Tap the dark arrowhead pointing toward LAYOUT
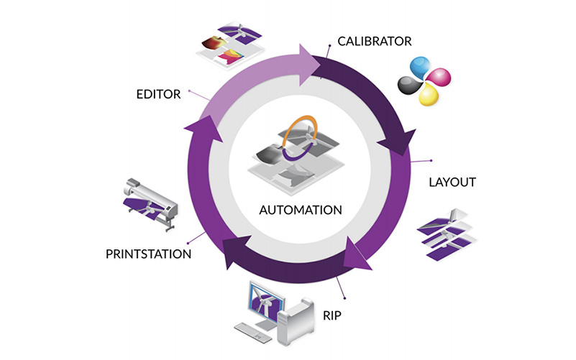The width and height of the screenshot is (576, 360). tap(396, 143)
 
